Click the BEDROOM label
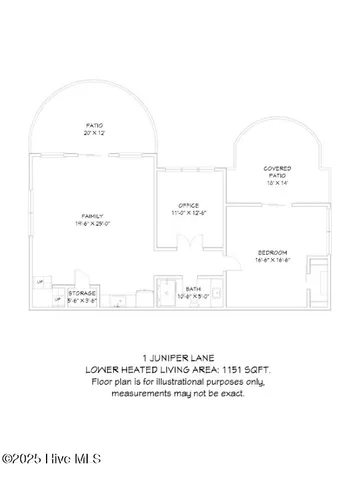(272, 252)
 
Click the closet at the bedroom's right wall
(318, 276)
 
